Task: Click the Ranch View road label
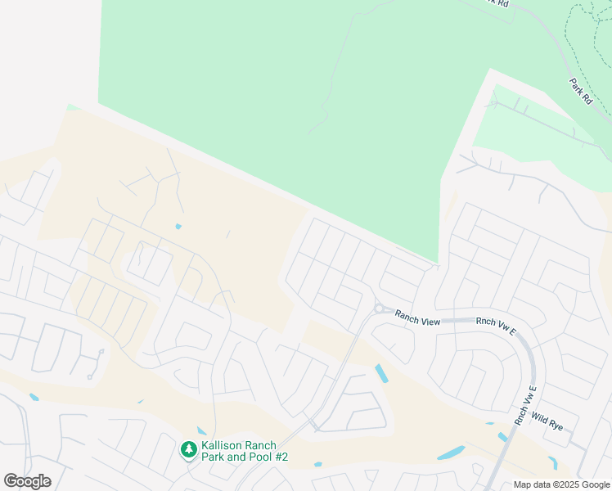point(417,318)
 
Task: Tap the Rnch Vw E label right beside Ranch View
point(497,326)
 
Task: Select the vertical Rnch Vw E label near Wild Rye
point(524,404)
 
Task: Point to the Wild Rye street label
point(547,420)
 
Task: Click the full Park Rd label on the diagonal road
point(582,89)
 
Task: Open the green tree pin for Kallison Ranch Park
point(189,448)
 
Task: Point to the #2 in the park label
point(281,457)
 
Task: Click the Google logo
point(27,481)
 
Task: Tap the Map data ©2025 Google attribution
point(562,484)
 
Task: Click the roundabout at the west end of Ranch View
point(379,309)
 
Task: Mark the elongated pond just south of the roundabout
point(381,373)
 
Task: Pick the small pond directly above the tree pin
point(201,430)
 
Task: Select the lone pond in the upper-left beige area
point(178,227)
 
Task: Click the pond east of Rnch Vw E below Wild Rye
point(553,462)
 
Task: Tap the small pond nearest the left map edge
point(34,398)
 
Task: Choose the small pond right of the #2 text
point(317,464)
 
